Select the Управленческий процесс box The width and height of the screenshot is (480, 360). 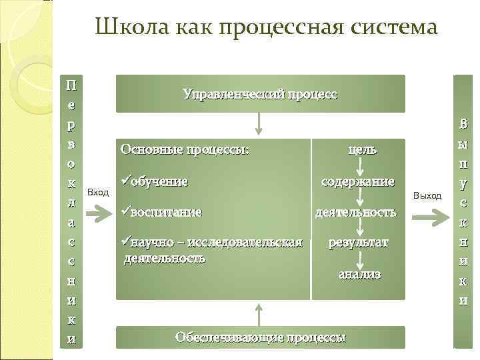click(260, 94)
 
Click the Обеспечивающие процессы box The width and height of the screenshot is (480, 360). click(260, 337)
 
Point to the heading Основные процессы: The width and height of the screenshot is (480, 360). click(185, 149)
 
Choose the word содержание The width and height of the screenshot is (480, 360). click(358, 181)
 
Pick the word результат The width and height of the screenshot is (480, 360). click(358, 243)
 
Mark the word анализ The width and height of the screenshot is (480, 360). click(359, 273)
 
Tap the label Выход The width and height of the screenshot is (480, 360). click(427, 195)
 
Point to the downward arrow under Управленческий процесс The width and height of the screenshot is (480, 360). click(260, 124)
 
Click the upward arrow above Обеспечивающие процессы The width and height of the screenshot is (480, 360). click(260, 313)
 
